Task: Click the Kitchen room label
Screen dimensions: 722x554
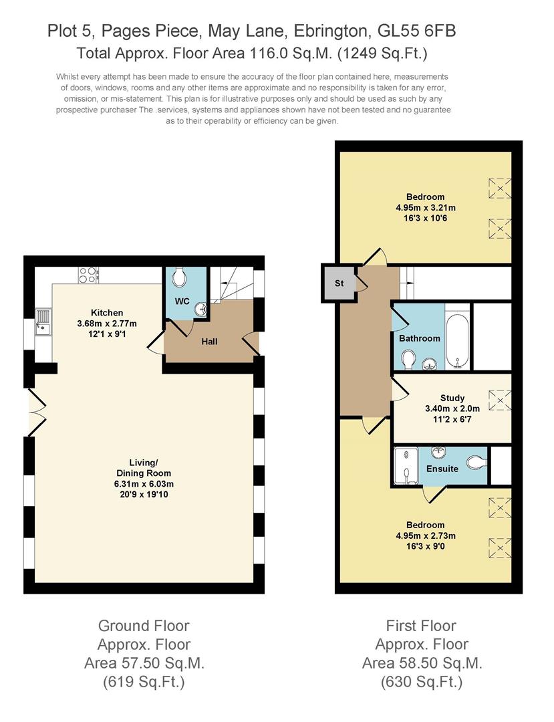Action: coord(107,313)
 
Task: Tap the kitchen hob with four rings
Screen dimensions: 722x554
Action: coord(88,275)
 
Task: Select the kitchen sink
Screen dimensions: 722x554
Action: coord(43,322)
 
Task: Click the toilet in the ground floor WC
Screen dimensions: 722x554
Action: coord(179,278)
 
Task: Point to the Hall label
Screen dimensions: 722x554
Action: coord(209,342)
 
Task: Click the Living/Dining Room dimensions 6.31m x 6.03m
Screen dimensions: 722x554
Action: coord(144,484)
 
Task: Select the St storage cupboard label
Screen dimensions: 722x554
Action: coord(339,283)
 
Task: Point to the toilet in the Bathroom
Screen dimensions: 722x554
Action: coord(408,360)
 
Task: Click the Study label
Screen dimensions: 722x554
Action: coord(452,398)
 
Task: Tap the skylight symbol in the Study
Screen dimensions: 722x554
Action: coord(499,400)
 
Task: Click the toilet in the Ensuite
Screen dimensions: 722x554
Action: coord(475,462)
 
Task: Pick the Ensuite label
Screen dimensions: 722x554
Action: coord(442,469)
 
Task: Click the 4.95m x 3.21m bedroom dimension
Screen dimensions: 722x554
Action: coord(425,207)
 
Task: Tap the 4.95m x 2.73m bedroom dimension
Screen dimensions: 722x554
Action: coord(425,535)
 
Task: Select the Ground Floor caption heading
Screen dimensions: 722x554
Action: coord(144,626)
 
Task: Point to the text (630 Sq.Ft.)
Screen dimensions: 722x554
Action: coord(421,683)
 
